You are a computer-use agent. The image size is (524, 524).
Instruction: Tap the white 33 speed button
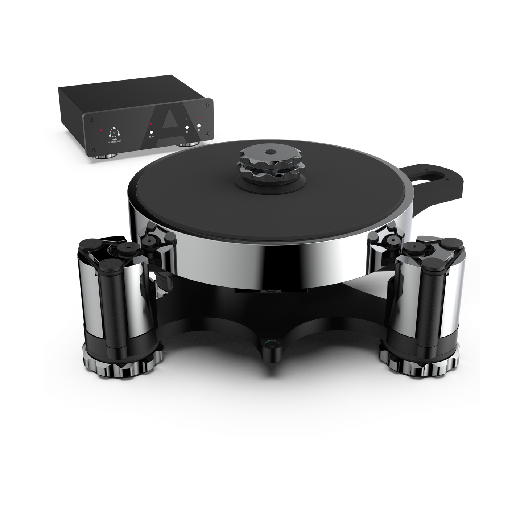[187, 127]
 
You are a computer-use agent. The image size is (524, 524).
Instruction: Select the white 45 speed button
[199, 126]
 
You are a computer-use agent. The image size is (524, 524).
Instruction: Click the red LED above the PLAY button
[151, 124]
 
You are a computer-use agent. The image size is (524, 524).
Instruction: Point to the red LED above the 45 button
[199, 117]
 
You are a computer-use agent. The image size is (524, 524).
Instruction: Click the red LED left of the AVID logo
[102, 130]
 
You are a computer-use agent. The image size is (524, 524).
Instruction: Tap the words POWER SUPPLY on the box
[114, 143]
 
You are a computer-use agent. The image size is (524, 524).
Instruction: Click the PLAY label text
[152, 137]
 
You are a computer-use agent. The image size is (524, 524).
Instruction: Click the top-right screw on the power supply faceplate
[206, 106]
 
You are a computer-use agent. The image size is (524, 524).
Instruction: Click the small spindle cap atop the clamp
[269, 152]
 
